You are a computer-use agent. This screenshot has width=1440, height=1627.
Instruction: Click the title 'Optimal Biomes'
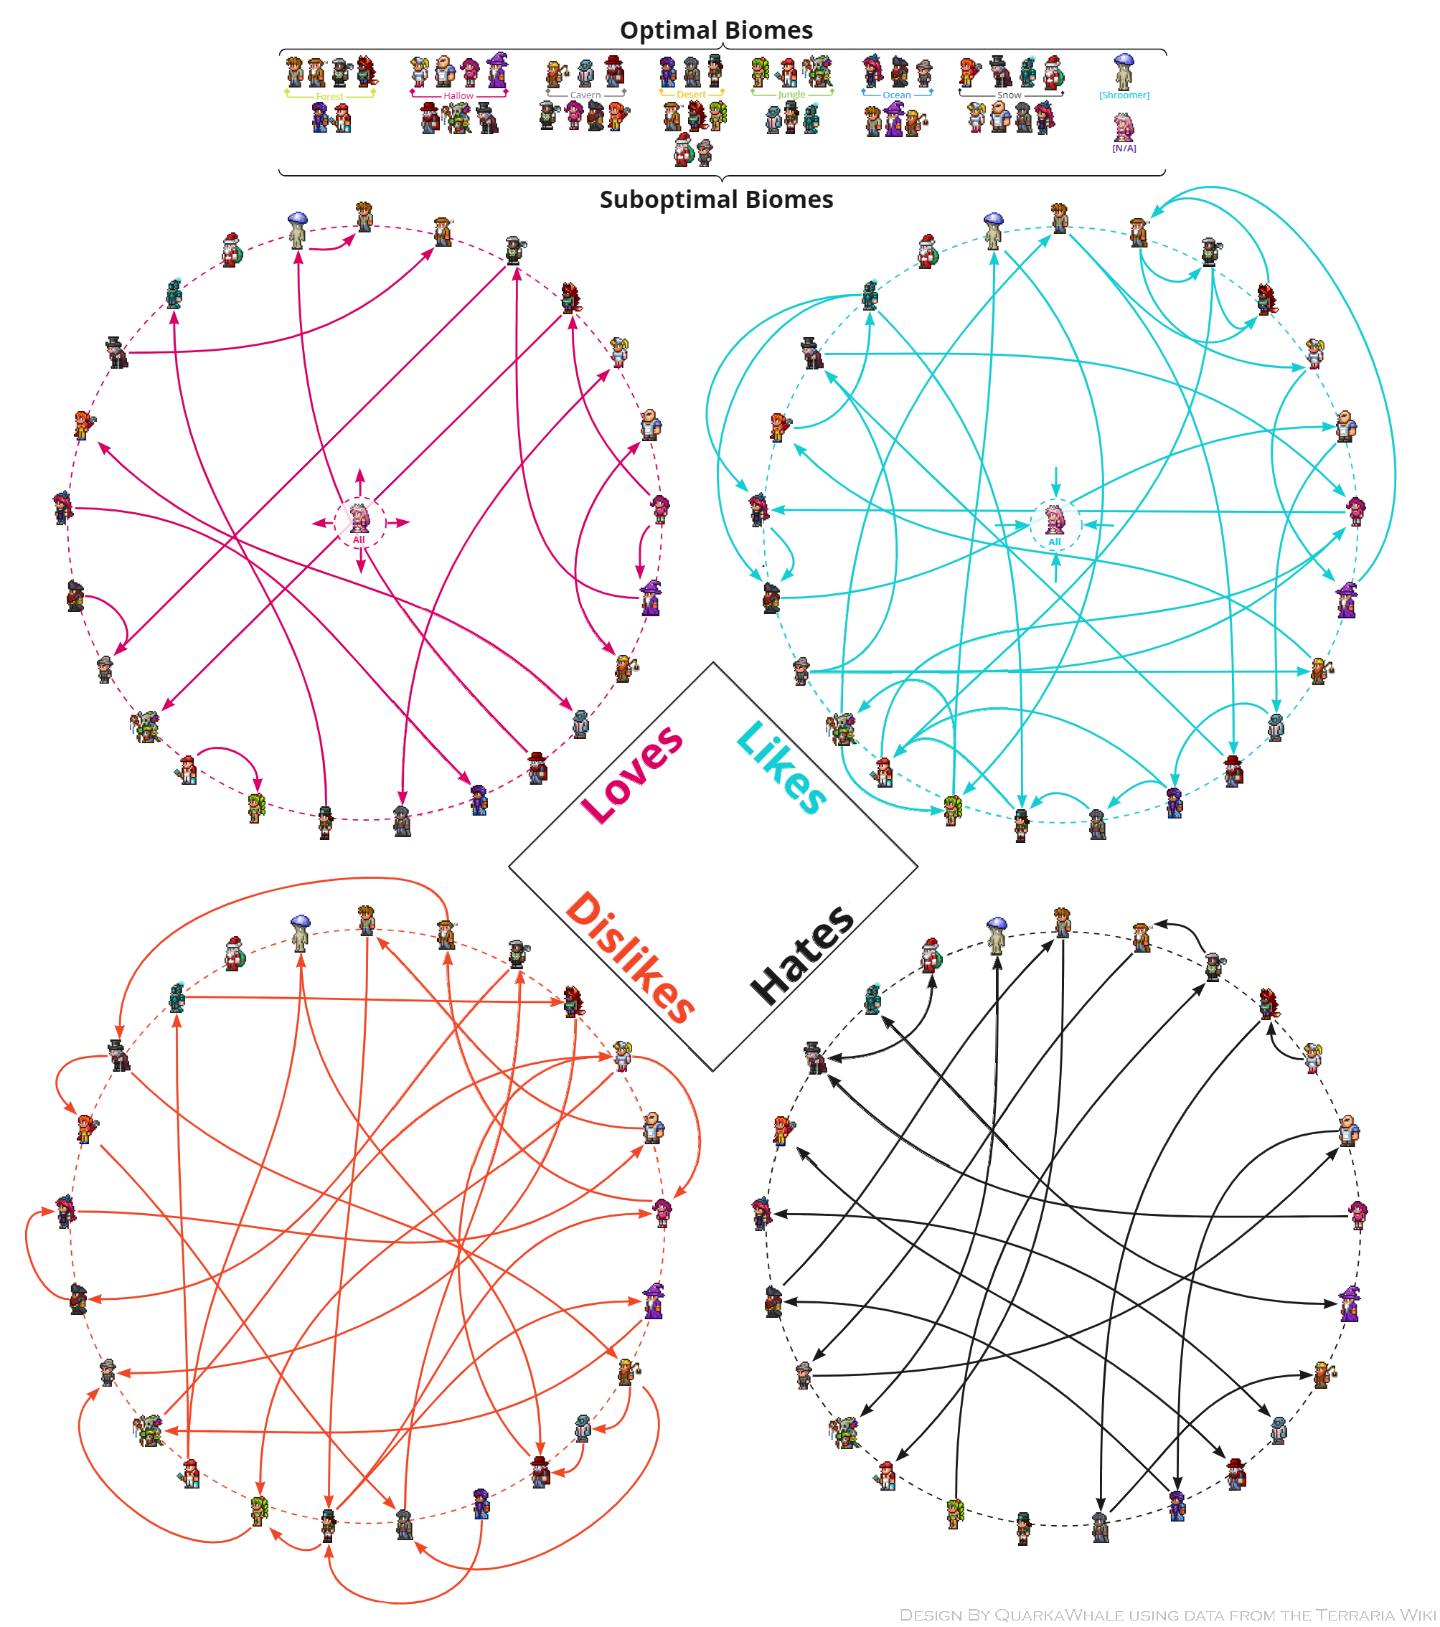(x=715, y=30)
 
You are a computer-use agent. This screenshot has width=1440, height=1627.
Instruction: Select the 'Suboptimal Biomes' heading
(x=715, y=200)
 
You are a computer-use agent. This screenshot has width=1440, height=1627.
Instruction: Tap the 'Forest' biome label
(x=329, y=97)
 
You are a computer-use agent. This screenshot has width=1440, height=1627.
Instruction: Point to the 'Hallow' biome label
(x=458, y=96)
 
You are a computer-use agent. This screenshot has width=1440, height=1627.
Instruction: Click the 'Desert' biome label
(x=691, y=95)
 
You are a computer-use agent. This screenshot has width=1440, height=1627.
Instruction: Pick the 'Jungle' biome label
(x=791, y=95)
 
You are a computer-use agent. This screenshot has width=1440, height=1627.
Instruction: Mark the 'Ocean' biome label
(x=896, y=95)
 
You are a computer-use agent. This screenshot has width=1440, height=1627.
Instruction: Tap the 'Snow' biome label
(x=1009, y=95)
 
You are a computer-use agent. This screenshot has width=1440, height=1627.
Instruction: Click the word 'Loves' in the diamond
(x=632, y=774)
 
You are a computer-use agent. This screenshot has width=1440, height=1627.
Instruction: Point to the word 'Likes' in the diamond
(x=781, y=768)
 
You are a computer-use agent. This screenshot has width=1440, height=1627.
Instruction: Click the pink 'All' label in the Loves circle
(x=358, y=540)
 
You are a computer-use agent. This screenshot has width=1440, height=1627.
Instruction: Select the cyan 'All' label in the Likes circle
(x=1054, y=543)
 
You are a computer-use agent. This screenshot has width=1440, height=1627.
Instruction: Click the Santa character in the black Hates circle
(x=931, y=956)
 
